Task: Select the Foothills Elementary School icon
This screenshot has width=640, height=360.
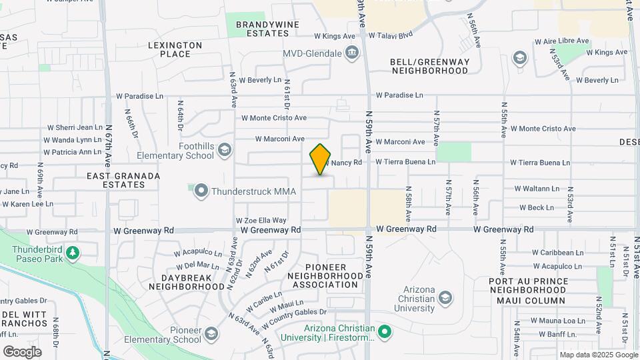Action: coord(224,149)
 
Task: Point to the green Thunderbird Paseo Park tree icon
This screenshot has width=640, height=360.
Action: coord(73,253)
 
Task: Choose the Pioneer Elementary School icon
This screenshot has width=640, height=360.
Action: coord(211,333)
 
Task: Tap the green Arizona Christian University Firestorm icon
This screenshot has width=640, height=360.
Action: coord(384,331)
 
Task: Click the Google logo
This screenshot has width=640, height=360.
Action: coord(22,351)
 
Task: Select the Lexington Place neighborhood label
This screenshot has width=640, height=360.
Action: coord(175,49)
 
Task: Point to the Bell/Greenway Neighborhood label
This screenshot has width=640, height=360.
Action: coord(429,66)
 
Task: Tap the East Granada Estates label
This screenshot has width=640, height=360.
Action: coord(123,181)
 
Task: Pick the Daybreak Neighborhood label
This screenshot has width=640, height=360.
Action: coord(187,281)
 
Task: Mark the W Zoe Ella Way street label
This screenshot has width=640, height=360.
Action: coord(261,220)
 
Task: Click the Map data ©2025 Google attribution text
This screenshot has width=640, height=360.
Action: coord(597,355)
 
